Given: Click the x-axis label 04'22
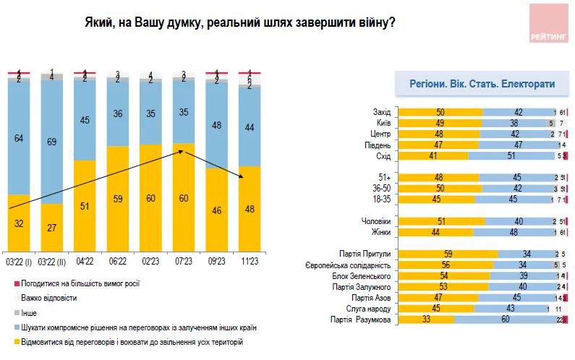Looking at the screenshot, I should point(85,260).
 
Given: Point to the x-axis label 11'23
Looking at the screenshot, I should point(250,260).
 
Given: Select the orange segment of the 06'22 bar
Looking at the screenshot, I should point(118,199).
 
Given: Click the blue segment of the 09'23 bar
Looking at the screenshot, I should point(216,124).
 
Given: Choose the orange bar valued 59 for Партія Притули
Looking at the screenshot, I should point(448,254).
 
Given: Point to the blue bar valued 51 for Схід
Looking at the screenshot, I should point(510,155).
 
